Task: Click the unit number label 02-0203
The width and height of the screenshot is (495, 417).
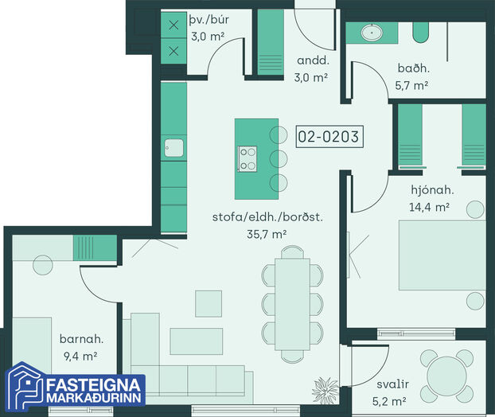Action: [329, 137]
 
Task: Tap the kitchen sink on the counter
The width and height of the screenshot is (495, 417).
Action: [173, 148]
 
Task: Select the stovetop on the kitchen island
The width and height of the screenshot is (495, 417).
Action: [247, 159]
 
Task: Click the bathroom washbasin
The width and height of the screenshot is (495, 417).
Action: [372, 32]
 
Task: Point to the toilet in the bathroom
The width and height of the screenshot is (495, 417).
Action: [421, 33]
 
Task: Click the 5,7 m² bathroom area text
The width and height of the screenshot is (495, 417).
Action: [411, 85]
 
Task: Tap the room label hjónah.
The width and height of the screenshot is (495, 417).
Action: [432, 190]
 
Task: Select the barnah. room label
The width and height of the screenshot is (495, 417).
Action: [81, 339]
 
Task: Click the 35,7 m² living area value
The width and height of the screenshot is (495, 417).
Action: [267, 234]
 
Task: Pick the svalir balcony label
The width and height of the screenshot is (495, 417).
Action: [392, 384]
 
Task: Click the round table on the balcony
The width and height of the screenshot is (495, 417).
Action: [446, 376]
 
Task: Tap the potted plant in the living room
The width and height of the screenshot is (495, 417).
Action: [325, 390]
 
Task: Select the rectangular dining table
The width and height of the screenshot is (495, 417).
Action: [292, 304]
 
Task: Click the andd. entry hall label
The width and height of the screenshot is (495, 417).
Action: [313, 60]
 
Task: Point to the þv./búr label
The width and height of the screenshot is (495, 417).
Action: [209, 20]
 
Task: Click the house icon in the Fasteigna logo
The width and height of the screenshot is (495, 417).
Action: [25, 387]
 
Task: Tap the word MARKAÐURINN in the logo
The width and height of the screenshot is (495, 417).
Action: [93, 398]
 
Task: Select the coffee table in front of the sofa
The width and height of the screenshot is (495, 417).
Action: [197, 341]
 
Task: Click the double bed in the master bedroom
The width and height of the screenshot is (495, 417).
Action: [442, 255]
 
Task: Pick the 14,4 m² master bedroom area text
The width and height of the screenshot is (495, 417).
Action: [429, 207]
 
